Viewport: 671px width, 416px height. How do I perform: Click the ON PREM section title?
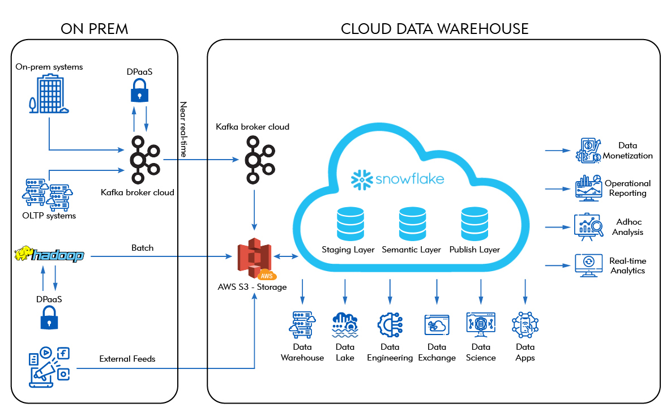pos(95,28)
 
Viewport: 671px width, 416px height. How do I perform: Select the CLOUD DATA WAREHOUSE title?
pos(434,28)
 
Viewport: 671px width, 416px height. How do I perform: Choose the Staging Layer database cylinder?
pos(348,224)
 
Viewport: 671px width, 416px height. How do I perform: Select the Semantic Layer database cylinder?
pos(411,224)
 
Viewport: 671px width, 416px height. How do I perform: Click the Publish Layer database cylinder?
pos(474,224)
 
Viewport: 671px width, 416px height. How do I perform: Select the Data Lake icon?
pos(345,325)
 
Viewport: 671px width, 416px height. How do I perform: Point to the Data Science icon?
pos(481,325)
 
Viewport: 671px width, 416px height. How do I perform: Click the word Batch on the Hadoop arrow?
pos(142,248)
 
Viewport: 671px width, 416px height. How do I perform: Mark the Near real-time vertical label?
pos(183,129)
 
